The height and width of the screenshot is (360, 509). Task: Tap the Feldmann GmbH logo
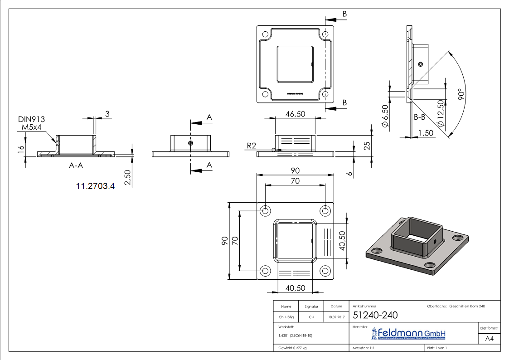point(409,334)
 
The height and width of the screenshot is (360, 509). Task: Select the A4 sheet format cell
point(489,338)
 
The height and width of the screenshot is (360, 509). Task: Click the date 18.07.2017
point(336,317)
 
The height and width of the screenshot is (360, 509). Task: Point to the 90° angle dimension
point(461,94)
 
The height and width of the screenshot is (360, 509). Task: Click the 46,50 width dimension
point(295,114)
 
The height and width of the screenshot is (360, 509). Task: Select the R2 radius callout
point(252,146)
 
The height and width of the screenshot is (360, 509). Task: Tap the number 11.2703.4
point(96,185)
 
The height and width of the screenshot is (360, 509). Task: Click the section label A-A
point(76,166)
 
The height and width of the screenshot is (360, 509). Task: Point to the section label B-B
point(419,117)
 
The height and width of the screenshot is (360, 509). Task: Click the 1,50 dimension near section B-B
point(427,132)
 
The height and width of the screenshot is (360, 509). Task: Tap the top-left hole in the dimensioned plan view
point(265,211)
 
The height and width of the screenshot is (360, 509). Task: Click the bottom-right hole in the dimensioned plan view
point(325,271)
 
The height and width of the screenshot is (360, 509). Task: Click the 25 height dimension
point(367,146)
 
